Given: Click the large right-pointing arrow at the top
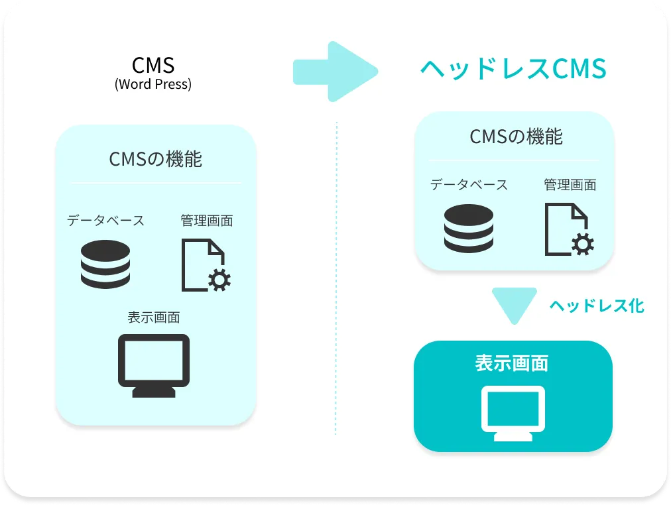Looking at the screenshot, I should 335,72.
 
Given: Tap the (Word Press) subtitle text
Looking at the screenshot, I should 153,85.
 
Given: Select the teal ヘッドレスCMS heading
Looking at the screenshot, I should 514,69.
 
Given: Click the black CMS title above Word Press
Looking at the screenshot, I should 153,65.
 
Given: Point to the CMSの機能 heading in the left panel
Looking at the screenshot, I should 156,159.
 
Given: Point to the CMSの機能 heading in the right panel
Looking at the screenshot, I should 516,137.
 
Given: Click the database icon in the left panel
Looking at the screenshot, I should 105,264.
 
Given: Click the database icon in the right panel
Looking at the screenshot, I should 469,228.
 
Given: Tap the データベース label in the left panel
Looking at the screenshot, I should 105,221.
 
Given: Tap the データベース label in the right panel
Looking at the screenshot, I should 469,185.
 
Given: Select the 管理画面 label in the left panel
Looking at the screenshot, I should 206,221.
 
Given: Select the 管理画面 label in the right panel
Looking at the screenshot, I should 570,185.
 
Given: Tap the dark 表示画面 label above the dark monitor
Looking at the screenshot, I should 154,317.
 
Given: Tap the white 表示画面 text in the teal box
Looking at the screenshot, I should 511,363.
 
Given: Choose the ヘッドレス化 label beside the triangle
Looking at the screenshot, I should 597,306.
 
